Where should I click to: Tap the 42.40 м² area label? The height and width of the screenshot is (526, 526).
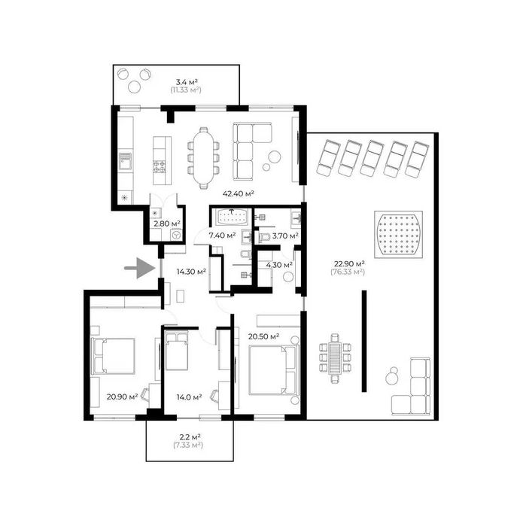[239, 193]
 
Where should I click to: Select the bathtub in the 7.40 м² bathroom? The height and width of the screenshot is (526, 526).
[232, 217]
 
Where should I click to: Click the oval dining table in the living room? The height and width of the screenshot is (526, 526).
[203, 158]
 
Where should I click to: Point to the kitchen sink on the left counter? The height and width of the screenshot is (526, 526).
[126, 161]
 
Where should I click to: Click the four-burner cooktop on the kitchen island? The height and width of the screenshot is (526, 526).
[160, 166]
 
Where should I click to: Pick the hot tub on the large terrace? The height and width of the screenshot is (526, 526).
[398, 235]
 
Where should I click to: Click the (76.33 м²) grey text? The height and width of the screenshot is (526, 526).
[348, 272]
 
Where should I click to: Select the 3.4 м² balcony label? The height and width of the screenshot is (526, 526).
[187, 82]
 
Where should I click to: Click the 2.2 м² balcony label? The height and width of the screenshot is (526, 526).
[190, 437]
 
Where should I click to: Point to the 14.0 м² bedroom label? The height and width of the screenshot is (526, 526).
[189, 397]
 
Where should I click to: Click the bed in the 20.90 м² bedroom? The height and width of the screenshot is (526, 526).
[113, 356]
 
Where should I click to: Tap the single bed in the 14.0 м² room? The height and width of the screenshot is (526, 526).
[176, 351]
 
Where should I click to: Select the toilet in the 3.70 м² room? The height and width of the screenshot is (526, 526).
[264, 237]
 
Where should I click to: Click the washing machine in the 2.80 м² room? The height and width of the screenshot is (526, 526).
[176, 235]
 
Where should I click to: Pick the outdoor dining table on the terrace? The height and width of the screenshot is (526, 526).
[335, 357]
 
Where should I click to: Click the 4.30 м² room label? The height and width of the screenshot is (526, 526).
[279, 265]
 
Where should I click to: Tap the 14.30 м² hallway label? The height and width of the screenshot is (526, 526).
[191, 272]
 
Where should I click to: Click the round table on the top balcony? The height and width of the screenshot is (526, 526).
[134, 87]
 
